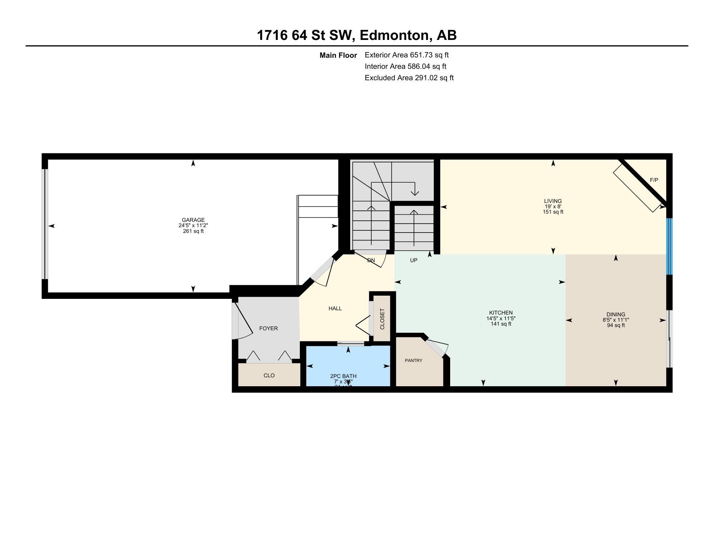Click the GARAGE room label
point(193,220)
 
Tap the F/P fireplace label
point(654,180)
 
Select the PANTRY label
point(413,361)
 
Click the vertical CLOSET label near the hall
point(382,319)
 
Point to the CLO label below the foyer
point(269,376)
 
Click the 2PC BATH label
point(343,376)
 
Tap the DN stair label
point(371,260)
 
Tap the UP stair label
point(413,260)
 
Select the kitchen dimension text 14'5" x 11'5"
point(501,318)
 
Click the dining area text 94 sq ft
point(616,325)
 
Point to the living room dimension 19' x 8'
point(553,206)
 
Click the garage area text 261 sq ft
point(193,231)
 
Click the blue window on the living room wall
point(669,246)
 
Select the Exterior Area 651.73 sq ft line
point(406,55)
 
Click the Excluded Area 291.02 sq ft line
point(409,78)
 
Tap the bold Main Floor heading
point(338,55)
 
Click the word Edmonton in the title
point(394,35)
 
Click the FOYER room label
point(268,328)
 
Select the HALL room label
point(335,308)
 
